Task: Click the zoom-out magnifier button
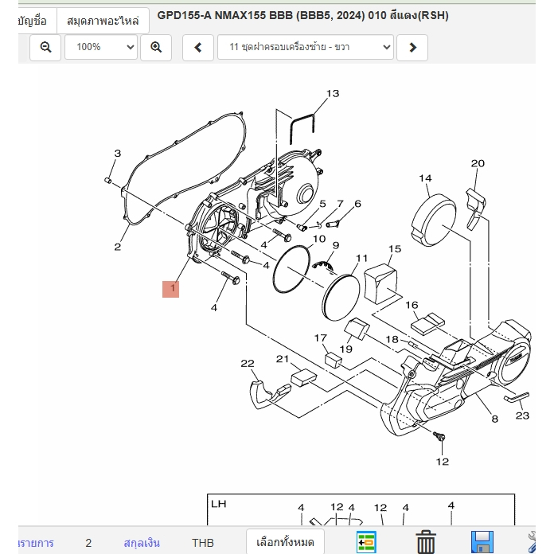click(45, 47)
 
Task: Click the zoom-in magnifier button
click(156, 47)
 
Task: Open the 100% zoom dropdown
click(101, 47)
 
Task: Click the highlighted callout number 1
click(170, 289)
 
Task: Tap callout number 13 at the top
click(333, 94)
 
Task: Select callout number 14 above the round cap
click(425, 178)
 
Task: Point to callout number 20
click(478, 163)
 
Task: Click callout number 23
click(522, 416)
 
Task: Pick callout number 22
click(248, 363)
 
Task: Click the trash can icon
click(426, 541)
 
